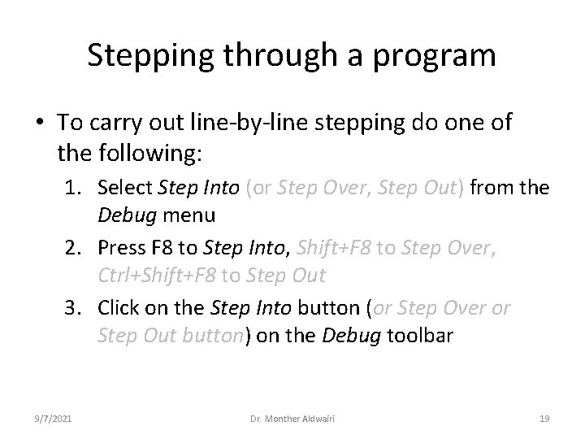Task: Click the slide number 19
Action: point(544,418)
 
